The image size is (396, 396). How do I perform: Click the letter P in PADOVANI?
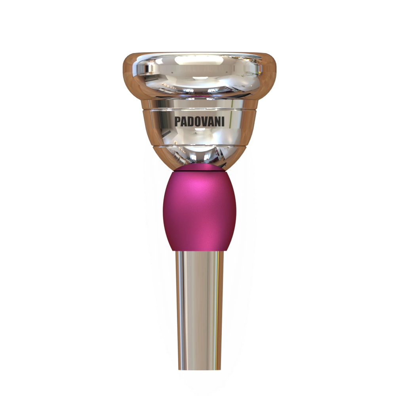[177, 122]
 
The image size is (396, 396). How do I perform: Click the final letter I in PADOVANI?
[223, 122]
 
